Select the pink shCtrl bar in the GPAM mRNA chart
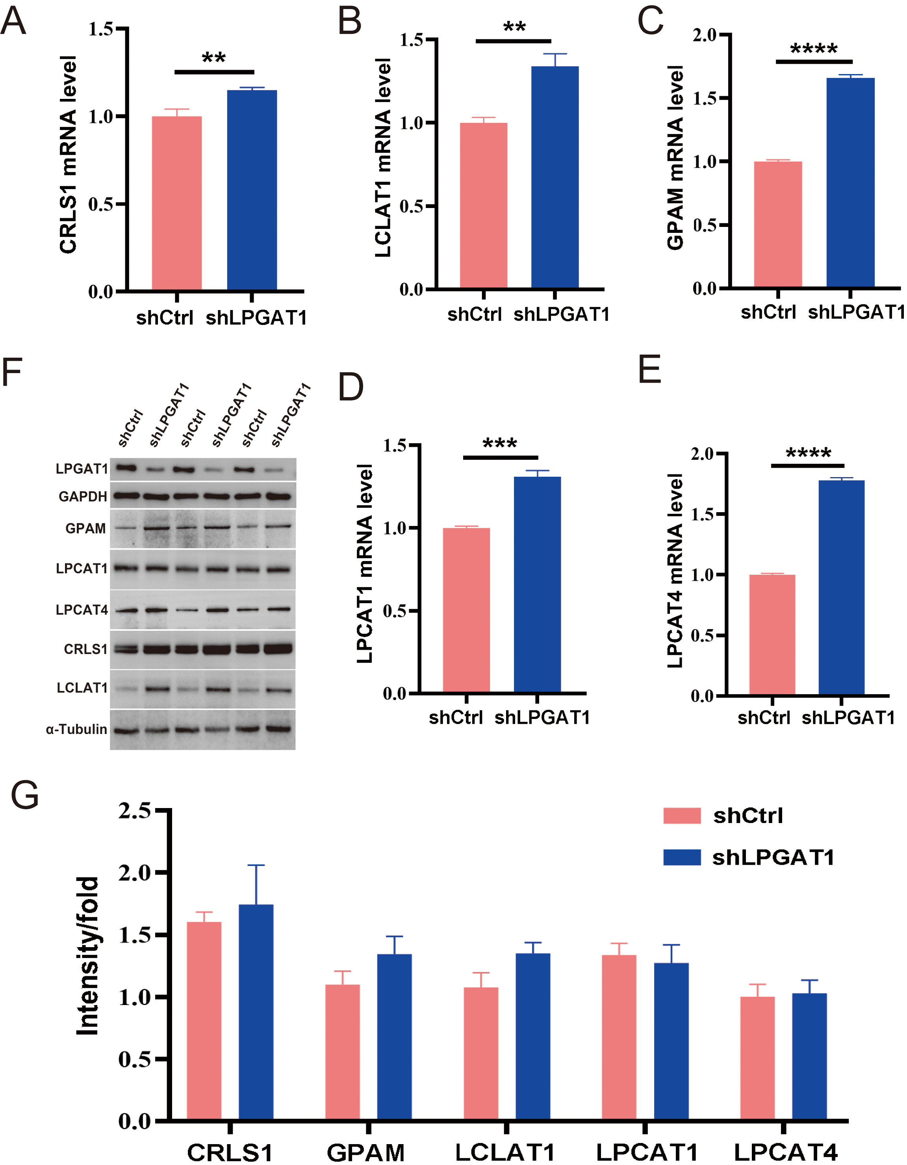click(777, 224)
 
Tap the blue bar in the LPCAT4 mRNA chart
click(841, 587)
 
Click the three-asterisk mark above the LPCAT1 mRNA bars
click(500, 444)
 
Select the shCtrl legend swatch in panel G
click(681, 816)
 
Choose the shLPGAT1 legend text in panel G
click(773, 857)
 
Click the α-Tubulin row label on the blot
click(76, 729)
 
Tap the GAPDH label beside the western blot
click(83, 497)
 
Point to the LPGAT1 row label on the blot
click(82, 468)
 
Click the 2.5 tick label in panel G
click(134, 811)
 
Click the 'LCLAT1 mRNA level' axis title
click(383, 158)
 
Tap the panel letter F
click(12, 372)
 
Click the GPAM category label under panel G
click(366, 1153)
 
